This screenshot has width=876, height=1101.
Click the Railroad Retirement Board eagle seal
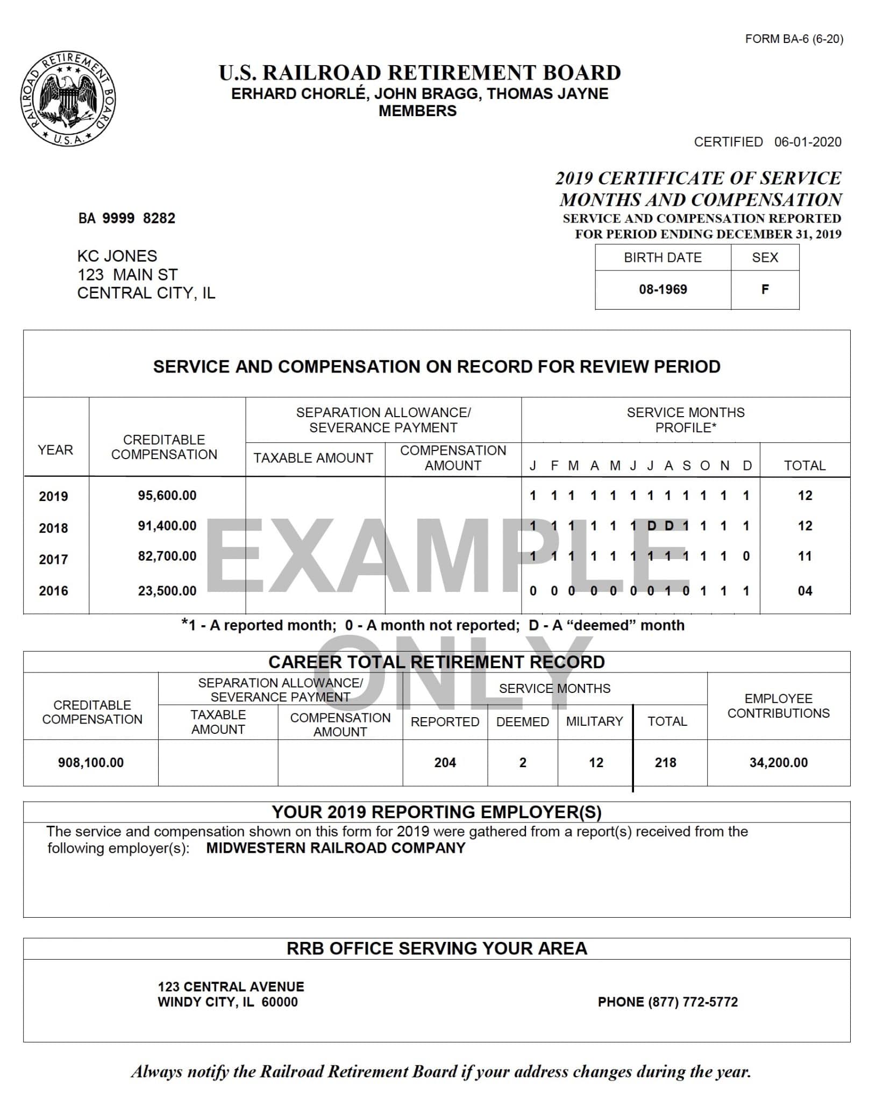(68, 99)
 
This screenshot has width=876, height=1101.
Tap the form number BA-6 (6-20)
(794, 39)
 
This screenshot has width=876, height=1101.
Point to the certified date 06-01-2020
(808, 142)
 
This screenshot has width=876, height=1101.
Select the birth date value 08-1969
(663, 289)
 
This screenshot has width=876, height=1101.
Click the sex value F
(765, 289)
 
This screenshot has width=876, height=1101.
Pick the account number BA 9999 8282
(127, 218)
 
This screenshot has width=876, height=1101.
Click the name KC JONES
(117, 256)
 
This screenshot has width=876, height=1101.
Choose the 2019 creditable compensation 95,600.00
(167, 495)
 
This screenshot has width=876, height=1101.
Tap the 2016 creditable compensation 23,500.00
(167, 591)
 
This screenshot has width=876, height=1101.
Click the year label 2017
(53, 560)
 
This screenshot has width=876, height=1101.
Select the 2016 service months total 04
(804, 591)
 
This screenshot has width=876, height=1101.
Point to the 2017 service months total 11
(804, 556)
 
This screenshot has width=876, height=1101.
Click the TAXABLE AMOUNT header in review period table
(313, 458)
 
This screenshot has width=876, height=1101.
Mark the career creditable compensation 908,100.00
(91, 762)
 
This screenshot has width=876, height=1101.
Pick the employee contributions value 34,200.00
(778, 762)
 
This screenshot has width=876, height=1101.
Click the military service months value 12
(596, 762)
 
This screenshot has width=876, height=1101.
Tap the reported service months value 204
(445, 762)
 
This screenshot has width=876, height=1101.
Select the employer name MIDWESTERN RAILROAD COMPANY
(336, 848)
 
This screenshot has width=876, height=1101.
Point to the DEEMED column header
(522, 721)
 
